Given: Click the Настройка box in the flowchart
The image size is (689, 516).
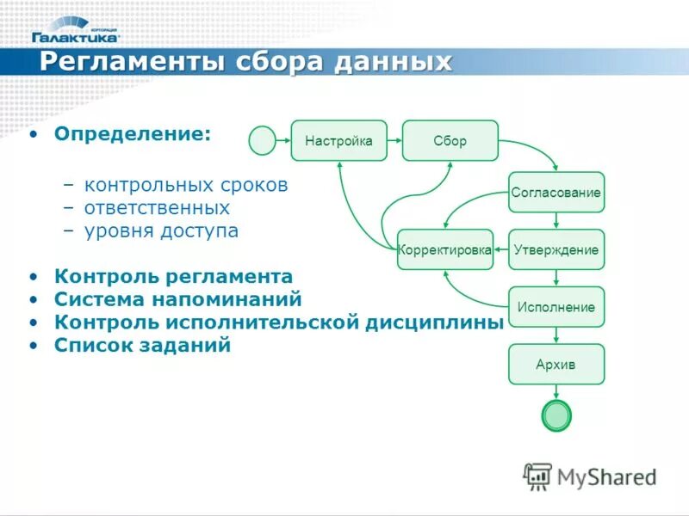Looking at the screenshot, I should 338,140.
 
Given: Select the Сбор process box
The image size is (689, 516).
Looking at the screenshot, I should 450,140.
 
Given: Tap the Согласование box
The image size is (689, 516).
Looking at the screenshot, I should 556,192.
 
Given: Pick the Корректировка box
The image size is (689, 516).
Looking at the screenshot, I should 444,249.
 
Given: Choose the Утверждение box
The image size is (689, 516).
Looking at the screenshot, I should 556,249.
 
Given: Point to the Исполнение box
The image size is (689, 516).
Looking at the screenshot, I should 556,306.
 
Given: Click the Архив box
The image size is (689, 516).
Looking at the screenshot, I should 556,364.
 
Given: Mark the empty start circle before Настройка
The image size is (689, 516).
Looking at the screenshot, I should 262,140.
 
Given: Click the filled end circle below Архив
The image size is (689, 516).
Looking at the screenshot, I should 556,415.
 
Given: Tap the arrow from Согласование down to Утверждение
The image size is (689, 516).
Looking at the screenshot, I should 556,220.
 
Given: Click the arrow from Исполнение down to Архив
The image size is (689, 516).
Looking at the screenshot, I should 556,335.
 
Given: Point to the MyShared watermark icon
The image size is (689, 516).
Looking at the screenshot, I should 537,476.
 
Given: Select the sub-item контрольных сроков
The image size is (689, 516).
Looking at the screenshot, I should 186,185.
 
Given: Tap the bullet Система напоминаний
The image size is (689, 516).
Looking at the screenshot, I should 177,299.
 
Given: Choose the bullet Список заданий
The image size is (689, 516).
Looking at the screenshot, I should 142,345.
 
